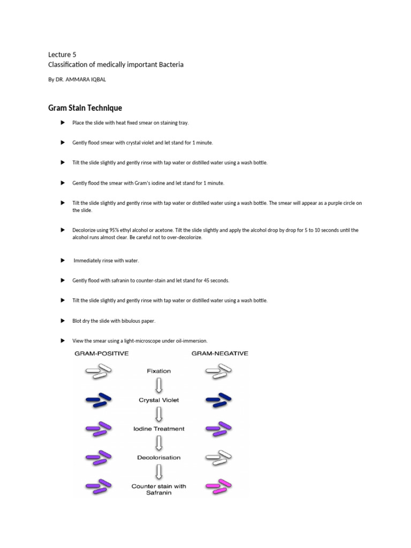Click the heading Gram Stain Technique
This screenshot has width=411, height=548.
[x=85, y=108]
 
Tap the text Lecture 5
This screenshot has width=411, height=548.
[x=62, y=54]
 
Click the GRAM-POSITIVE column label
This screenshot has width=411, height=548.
[x=101, y=353]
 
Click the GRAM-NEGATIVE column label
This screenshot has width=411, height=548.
[x=220, y=353]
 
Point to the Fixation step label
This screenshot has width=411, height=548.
[x=159, y=371]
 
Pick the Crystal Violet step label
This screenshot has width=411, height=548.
[x=159, y=400]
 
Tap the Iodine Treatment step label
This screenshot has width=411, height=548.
[x=159, y=429]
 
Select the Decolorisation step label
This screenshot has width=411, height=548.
[x=159, y=458]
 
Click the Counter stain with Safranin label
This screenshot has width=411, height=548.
[x=159, y=489]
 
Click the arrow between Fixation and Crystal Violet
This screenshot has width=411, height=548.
[x=159, y=385]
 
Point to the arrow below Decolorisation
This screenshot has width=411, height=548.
[x=159, y=472]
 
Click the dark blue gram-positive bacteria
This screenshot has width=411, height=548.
[x=98, y=400]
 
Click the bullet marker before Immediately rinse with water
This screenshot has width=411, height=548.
[x=62, y=260]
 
